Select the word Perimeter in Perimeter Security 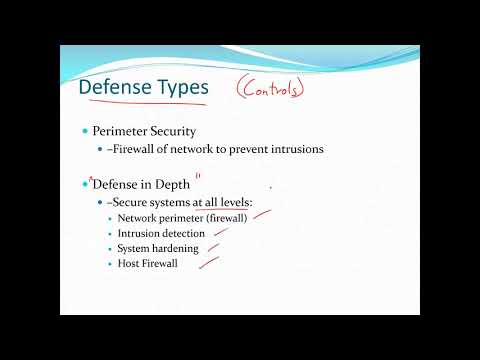(x=122, y=131)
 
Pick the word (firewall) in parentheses (x=222, y=218)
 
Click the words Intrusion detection (x=161, y=233)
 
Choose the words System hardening (x=157, y=248)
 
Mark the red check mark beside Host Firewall (x=209, y=263)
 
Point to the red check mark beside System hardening (x=214, y=247)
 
